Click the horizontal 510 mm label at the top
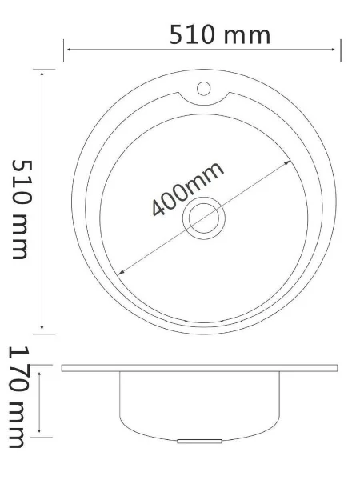[x=220, y=35]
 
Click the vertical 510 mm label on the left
[x=22, y=209]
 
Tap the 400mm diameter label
[x=187, y=189]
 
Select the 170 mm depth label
[x=18, y=397]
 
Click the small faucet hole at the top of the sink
[x=203, y=89]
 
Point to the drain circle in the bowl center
[x=204, y=218]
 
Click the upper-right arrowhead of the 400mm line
[x=287, y=162]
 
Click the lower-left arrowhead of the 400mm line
[x=121, y=272]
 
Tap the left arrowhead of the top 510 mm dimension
[x=69, y=49]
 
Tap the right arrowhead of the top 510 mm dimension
[x=333, y=49]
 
